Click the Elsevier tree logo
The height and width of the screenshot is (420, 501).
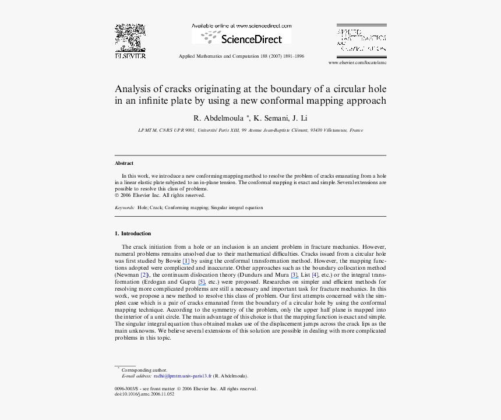130,38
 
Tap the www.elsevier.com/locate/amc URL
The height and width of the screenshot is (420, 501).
357,62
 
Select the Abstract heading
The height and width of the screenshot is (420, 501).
124,163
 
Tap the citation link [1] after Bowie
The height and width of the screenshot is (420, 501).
186,261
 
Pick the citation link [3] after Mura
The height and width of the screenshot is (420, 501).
295,274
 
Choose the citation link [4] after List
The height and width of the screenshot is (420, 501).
315,274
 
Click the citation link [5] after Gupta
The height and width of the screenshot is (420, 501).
202,281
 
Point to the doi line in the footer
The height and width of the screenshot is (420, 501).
144,394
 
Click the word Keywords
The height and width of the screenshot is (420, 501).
125,207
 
